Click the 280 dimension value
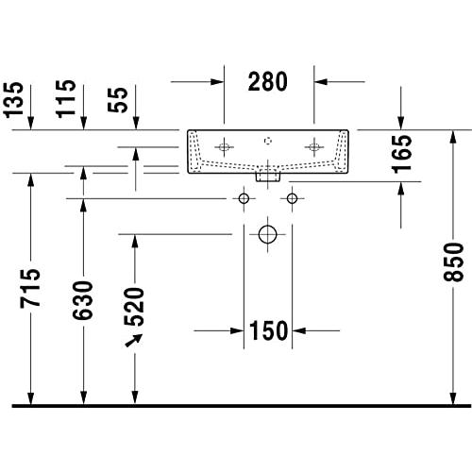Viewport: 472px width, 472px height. point(268,81)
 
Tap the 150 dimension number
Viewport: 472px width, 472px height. point(268,330)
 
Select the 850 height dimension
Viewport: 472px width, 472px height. point(453,261)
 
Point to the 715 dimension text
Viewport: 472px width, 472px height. point(30,288)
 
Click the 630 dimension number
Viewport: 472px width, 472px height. point(83,300)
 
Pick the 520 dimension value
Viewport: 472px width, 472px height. point(134,307)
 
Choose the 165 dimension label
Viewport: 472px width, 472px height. point(401,154)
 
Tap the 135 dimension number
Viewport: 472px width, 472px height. point(13,100)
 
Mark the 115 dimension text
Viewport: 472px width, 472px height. point(66,99)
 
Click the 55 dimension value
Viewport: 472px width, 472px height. point(118,100)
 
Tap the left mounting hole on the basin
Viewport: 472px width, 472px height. point(224,147)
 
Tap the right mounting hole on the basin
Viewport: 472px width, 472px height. point(314,147)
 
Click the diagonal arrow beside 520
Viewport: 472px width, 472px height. point(133,340)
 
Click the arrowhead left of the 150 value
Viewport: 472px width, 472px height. point(237,330)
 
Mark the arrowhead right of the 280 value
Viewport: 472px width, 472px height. point(321,82)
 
